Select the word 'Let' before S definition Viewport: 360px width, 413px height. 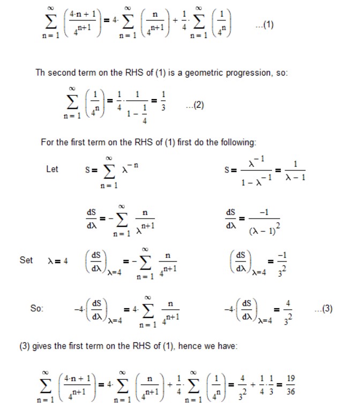tap(52, 169)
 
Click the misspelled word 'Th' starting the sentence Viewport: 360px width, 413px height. tap(41, 72)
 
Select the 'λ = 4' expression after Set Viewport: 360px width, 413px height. tap(57, 260)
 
